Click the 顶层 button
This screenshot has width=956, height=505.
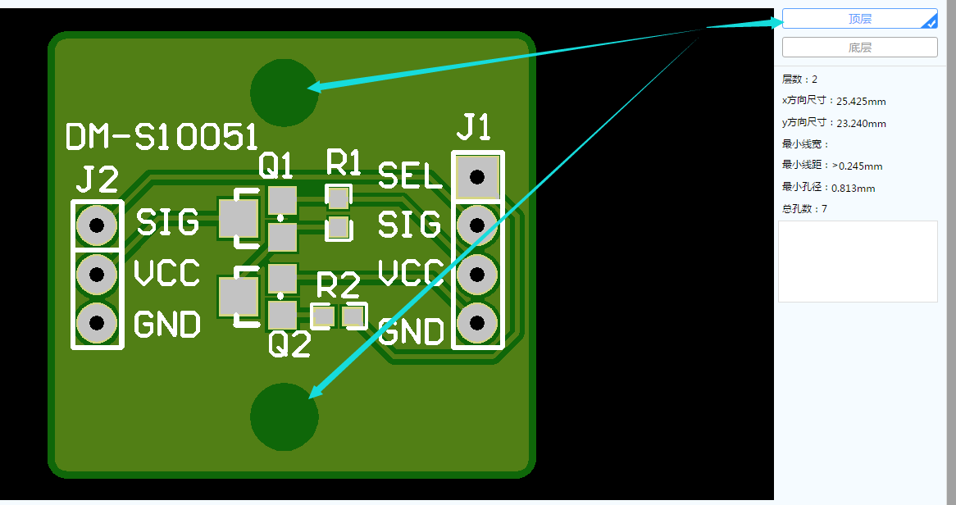(x=860, y=19)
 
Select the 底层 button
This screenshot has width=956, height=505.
(x=860, y=47)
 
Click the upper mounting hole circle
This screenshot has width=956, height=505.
(x=285, y=93)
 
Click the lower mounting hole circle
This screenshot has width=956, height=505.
(x=285, y=417)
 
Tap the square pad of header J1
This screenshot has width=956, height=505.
(x=477, y=177)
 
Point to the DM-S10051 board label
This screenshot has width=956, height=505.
(x=162, y=137)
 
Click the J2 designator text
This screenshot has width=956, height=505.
(x=97, y=180)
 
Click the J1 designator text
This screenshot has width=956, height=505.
(x=474, y=127)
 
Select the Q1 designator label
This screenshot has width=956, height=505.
(x=275, y=165)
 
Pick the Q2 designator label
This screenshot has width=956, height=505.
(x=289, y=344)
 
